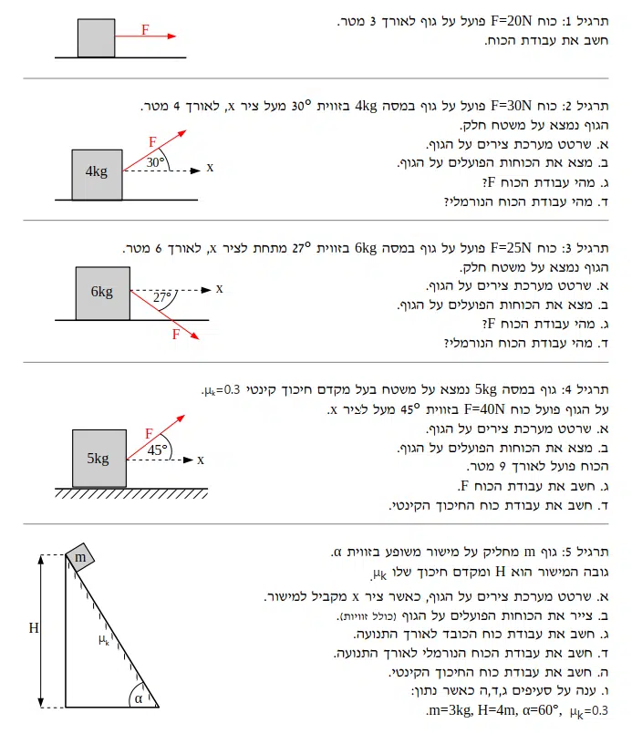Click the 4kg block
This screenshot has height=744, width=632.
pos(96,173)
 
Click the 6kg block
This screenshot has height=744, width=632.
pos(101,293)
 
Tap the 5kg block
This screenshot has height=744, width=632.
pos(98,459)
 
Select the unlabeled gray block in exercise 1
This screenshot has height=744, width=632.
pos(95,38)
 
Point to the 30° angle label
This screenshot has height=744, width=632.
pos(155,163)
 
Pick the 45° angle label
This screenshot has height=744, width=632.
pos(158,450)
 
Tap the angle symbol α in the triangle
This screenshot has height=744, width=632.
pos(139,697)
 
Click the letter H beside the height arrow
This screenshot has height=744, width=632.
pos(33,628)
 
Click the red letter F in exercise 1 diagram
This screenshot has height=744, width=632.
pos(146,29)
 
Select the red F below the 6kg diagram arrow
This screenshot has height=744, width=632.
pos(176,335)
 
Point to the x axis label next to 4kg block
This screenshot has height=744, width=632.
pos(210,168)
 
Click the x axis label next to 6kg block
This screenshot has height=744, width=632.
pos(219,289)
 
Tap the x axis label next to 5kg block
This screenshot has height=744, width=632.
pos(201,460)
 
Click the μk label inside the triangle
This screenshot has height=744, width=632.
pos(104,640)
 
